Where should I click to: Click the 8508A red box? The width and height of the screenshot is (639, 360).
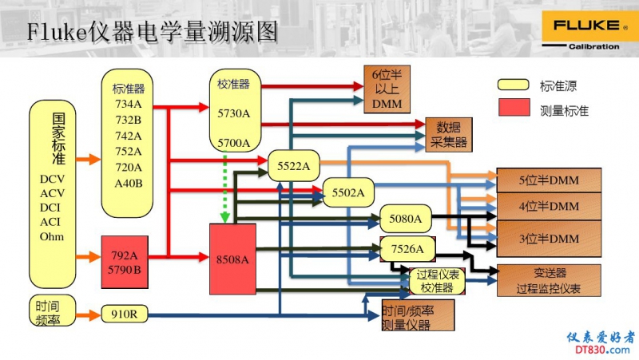tap(232, 259)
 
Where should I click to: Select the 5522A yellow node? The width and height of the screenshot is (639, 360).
tap(293, 165)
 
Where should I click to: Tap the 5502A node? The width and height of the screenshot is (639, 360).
tap(348, 192)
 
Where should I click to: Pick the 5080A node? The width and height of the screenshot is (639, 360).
tap(405, 218)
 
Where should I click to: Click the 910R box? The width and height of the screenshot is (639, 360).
tap(125, 314)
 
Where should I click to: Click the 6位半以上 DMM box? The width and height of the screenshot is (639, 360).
tap(387, 89)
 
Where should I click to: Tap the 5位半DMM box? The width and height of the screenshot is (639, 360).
tap(549, 180)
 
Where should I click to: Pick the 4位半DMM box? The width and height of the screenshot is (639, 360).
tap(549, 207)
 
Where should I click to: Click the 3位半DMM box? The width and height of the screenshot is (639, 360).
tap(549, 238)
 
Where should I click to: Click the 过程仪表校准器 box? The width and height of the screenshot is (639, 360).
tap(437, 281)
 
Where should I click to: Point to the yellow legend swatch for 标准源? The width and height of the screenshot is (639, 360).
tap(514, 85)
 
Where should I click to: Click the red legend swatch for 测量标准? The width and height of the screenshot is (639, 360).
tap(514, 108)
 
